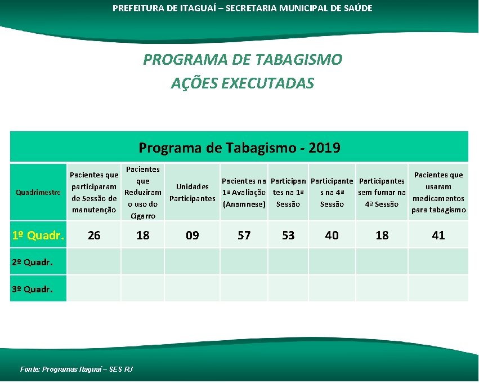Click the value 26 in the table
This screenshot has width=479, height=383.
94,235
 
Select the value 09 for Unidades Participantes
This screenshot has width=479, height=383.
193,235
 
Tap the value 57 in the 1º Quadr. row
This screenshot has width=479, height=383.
244,235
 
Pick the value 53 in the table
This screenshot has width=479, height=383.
288,235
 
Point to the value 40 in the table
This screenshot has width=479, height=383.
332,235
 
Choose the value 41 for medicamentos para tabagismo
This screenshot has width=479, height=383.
438,235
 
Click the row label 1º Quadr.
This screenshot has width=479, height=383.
38,235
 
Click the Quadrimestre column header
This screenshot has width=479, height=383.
38,193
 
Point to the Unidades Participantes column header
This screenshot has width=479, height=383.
193,193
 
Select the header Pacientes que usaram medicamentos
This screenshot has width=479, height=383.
438,193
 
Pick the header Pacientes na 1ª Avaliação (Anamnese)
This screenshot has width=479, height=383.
244,193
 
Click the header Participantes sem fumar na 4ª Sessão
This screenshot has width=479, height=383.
382,193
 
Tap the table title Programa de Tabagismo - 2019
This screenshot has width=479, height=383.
239,148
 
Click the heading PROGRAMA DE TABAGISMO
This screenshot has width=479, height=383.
243,60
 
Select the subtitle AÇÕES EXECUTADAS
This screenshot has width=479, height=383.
243,83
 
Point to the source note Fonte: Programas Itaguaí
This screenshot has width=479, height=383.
77,369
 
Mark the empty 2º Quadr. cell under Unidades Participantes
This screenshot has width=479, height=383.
193,262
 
